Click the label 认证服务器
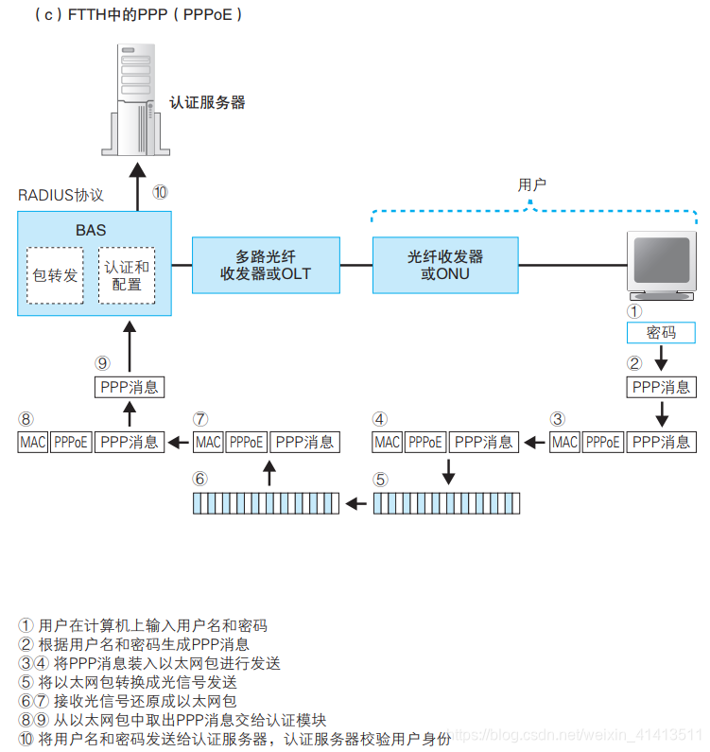pyautogui.click(x=207, y=102)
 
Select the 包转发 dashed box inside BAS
pyautogui.click(x=55, y=275)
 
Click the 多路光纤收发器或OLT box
pyautogui.click(x=266, y=265)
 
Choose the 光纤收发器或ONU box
pyautogui.click(x=445, y=265)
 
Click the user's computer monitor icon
pyautogui.click(x=661, y=263)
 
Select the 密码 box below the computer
pyautogui.click(x=661, y=333)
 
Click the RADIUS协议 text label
pyautogui.click(x=61, y=195)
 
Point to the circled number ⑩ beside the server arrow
pyautogui.click(x=160, y=192)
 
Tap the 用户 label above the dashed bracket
pyautogui.click(x=532, y=184)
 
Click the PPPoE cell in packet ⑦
pyautogui.click(x=246, y=442)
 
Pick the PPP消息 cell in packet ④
pyautogui.click(x=484, y=442)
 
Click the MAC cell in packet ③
pyautogui.click(x=564, y=442)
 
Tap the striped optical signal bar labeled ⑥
pyautogui.click(x=266, y=503)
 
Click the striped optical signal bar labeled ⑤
pyautogui.click(x=446, y=503)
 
